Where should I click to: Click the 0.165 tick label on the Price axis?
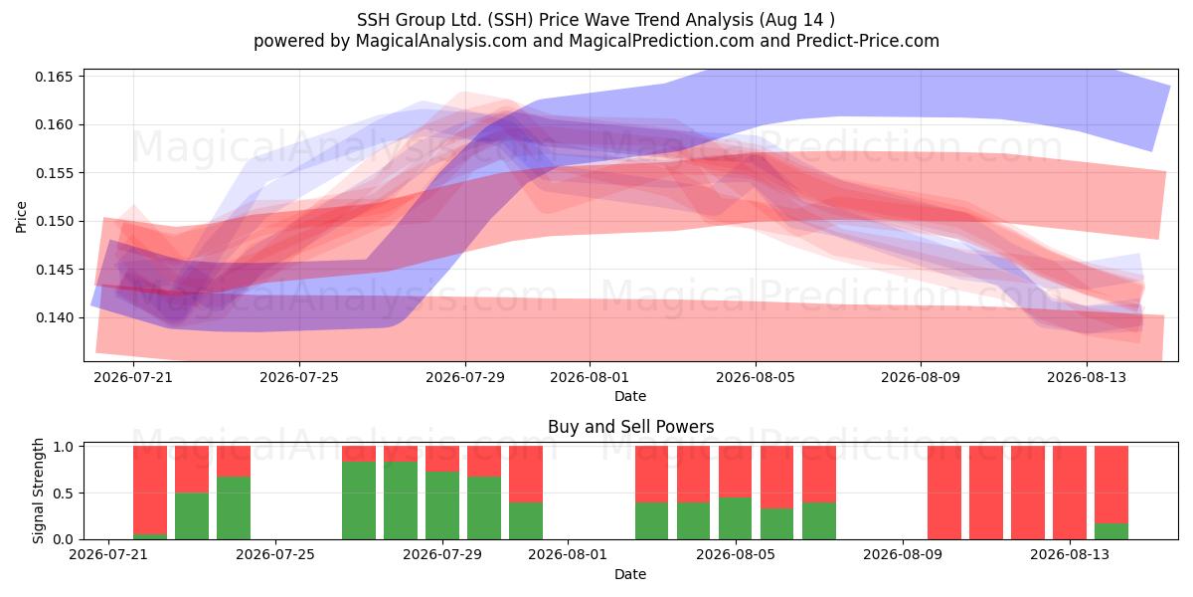pyautogui.click(x=54, y=77)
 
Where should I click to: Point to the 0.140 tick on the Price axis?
pyautogui.click(x=54, y=317)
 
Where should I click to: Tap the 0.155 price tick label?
pyautogui.click(x=54, y=173)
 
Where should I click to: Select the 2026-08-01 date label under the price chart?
pyautogui.click(x=589, y=377)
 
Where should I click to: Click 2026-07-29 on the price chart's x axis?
pyautogui.click(x=465, y=377)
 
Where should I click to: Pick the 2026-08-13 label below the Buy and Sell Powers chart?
pyautogui.click(x=1070, y=554)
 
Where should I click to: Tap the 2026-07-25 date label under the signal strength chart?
pyautogui.click(x=275, y=554)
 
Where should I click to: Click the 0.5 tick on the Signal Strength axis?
pyautogui.click(x=64, y=494)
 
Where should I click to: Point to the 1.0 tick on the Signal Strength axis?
pyautogui.click(x=64, y=447)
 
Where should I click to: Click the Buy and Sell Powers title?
pyautogui.click(x=630, y=427)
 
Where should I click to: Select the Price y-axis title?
pyautogui.click(x=21, y=217)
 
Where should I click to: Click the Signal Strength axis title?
pyautogui.click(x=38, y=491)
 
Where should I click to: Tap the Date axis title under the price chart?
pyautogui.click(x=630, y=396)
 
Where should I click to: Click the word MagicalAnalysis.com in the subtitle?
pyautogui.click(x=441, y=41)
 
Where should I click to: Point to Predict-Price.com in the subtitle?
pyautogui.click(x=868, y=41)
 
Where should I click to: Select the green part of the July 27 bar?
pyautogui.click(x=359, y=500)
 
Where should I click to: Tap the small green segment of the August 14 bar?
pyautogui.click(x=1111, y=531)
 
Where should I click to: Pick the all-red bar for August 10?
pyautogui.click(x=944, y=493)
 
